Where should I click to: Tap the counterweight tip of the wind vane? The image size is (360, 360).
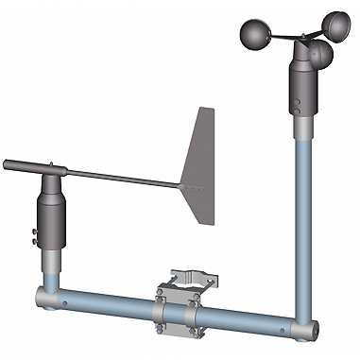point(8,164)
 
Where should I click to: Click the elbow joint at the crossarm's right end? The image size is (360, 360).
point(307,330)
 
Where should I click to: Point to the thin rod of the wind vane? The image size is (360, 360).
point(123,175)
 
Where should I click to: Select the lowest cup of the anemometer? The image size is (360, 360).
point(319,58)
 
